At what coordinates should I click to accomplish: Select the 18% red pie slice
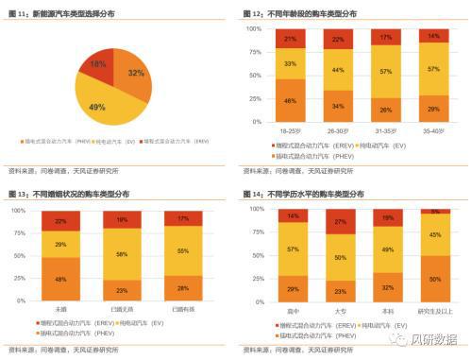pyautogui.click(x=96, y=63)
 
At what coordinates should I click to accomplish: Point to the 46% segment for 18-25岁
pyautogui.click(x=291, y=100)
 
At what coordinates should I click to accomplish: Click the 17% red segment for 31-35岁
pyautogui.click(x=385, y=38)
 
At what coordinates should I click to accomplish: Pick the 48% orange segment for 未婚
pyautogui.click(x=60, y=279)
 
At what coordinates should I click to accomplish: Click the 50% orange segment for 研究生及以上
pyautogui.click(x=434, y=280)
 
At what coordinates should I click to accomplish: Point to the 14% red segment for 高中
pyautogui.click(x=291, y=216)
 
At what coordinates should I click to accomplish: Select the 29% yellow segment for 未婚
pyautogui.click(x=60, y=244)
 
